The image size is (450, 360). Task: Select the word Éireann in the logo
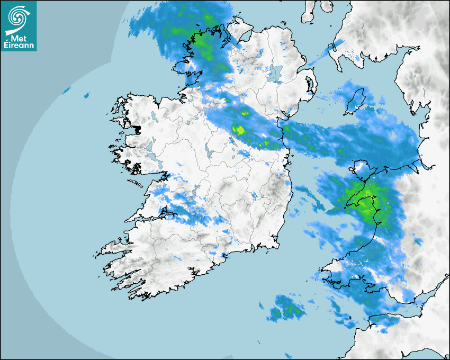coord(19,45)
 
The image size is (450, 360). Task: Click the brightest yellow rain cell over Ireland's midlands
coord(239,129)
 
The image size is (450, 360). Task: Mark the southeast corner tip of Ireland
coord(277,246)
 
